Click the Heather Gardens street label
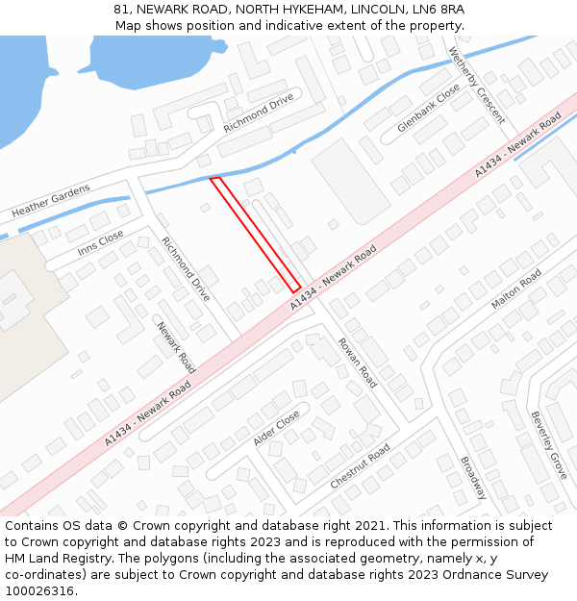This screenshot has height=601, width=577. tap(50, 200)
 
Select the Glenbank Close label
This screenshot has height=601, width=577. tap(429, 107)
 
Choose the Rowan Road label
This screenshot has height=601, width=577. tap(357, 363)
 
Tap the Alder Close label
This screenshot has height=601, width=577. tap(276, 428)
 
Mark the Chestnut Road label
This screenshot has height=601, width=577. tap(360, 466)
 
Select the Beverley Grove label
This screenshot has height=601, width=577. tap(549, 445)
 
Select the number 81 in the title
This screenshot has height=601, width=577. tap(121, 9)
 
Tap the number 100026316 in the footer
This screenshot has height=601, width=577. tap(39, 590)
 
